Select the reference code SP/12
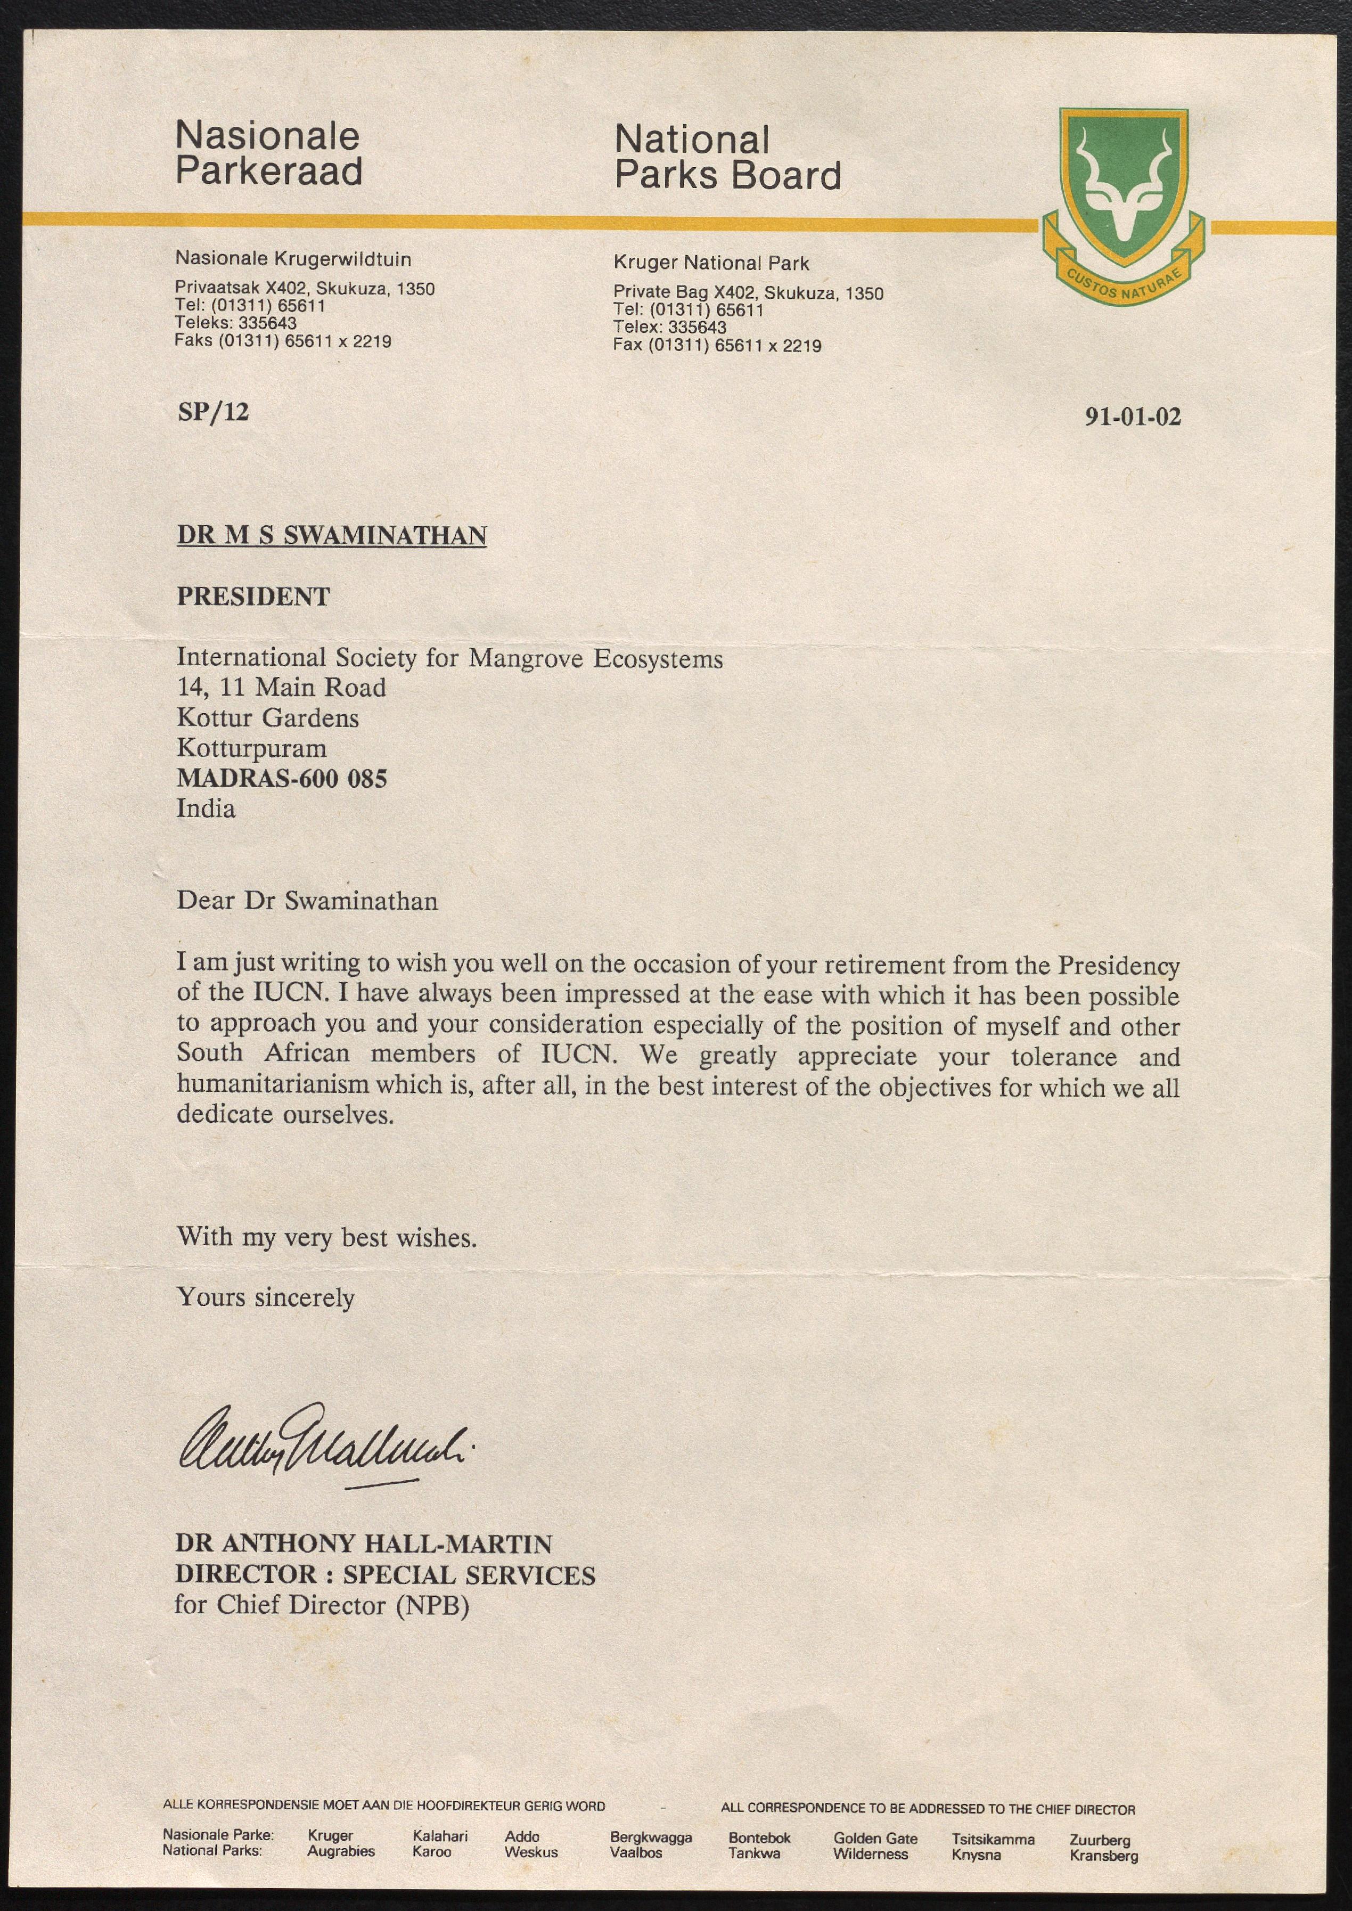point(213,411)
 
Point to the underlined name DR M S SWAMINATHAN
point(331,535)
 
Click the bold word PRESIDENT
point(253,596)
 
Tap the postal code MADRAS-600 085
point(281,779)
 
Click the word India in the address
point(206,808)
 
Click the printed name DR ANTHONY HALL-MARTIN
point(363,1544)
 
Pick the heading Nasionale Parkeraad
point(268,153)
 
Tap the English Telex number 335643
point(697,327)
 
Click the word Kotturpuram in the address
point(251,748)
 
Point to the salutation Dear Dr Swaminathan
point(306,901)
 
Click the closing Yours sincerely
point(266,1298)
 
